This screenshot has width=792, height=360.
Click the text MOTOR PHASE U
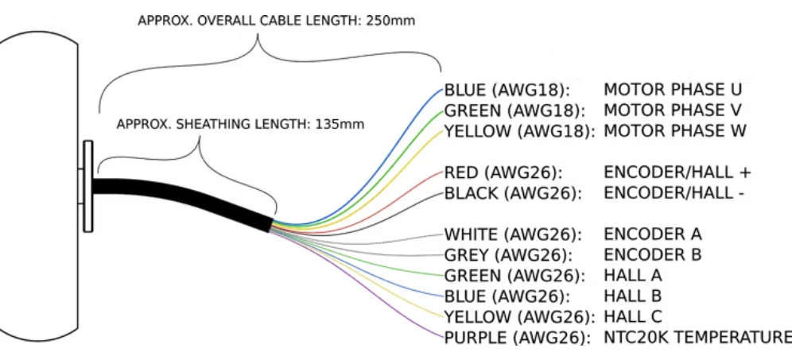pyautogui.click(x=673, y=90)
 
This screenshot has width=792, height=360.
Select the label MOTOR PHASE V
pyautogui.click(x=673, y=110)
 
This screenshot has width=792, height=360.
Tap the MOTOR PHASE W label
pyautogui.click(x=675, y=131)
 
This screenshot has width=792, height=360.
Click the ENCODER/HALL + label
pyautogui.click(x=677, y=172)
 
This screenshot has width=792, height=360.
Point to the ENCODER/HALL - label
pyautogui.click(x=674, y=193)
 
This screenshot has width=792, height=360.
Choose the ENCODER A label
pyautogui.click(x=653, y=234)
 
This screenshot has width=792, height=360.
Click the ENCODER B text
pyautogui.click(x=653, y=254)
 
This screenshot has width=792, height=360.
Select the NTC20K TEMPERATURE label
pyautogui.click(x=697, y=337)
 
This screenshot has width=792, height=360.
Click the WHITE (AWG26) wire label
pyautogui.click(x=513, y=234)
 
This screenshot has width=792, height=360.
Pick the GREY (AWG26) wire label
pyautogui.click(x=509, y=255)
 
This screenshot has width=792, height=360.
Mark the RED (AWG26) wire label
pyautogui.click(x=503, y=172)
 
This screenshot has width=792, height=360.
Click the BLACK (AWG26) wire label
pyautogui.click(x=513, y=193)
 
